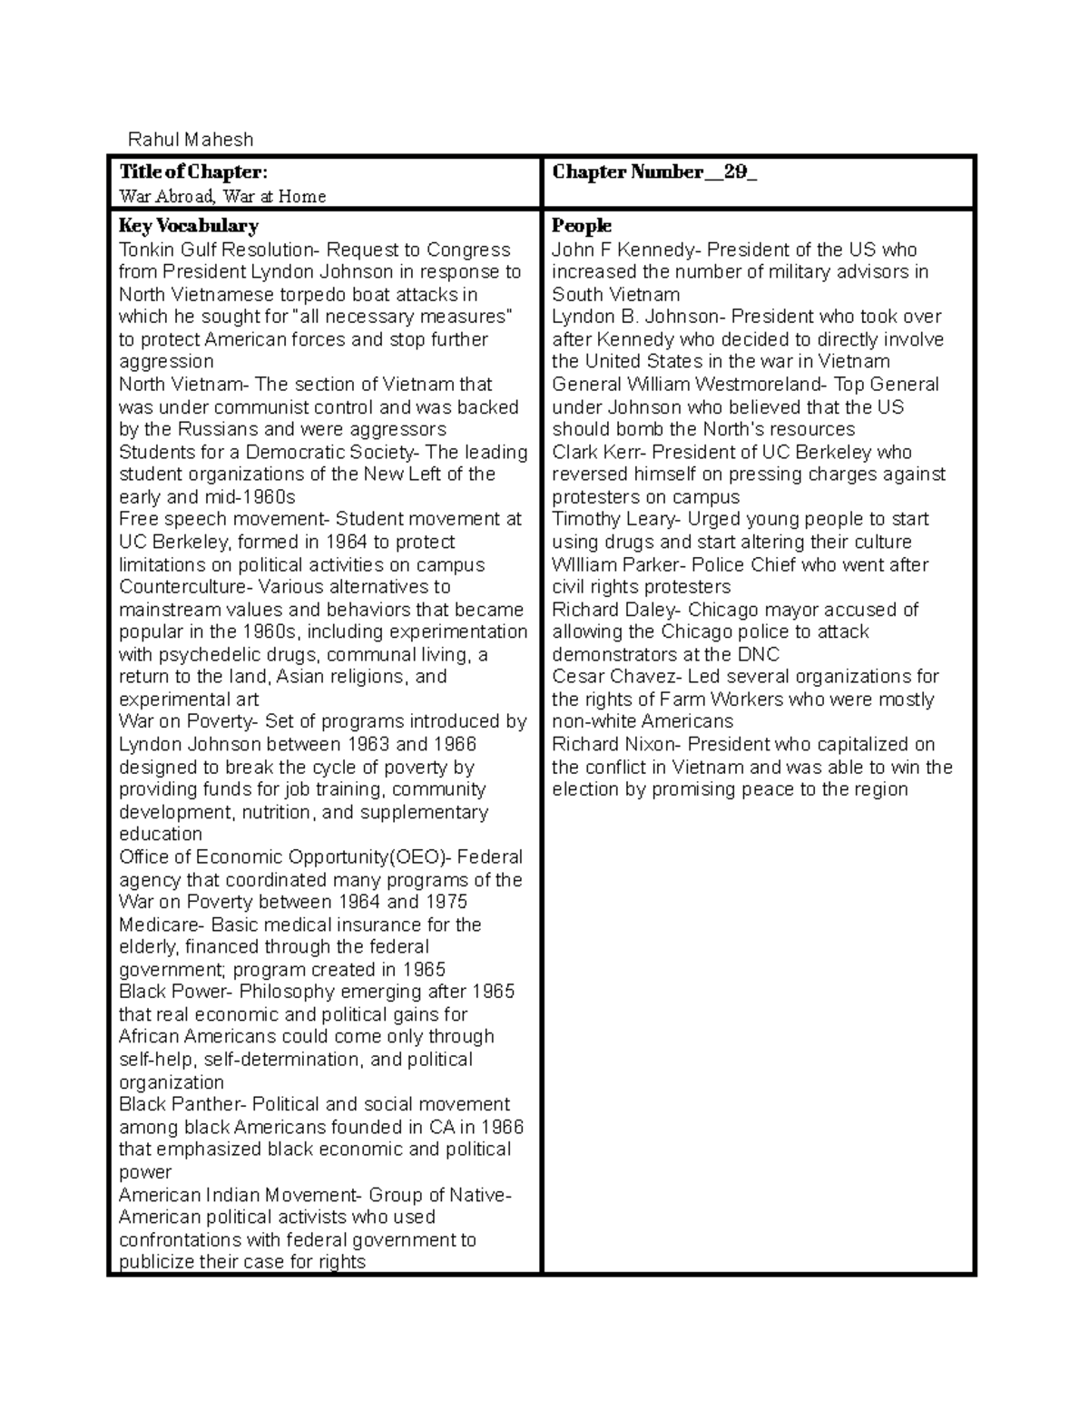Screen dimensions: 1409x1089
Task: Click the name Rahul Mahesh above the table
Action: point(191,140)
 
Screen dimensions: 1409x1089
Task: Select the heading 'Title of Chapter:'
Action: point(193,172)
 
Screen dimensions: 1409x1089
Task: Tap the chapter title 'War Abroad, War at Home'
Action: point(222,196)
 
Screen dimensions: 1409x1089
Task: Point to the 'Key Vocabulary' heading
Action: point(189,226)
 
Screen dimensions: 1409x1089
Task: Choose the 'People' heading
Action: point(582,226)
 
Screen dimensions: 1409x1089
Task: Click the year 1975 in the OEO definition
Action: point(446,902)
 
